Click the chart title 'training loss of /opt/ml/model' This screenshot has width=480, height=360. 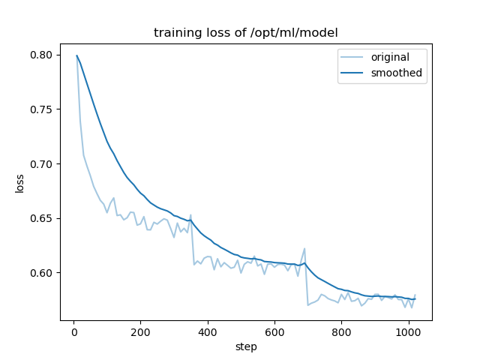pos(246,33)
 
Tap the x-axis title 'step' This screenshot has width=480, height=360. pos(246,347)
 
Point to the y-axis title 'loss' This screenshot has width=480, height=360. pos(20,183)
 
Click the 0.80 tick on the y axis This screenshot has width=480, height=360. pos(42,55)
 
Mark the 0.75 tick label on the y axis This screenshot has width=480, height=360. pos(42,109)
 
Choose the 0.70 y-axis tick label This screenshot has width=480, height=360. pos(42,163)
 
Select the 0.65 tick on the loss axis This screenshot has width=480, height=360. pos(42,218)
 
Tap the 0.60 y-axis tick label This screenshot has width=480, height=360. pos(42,273)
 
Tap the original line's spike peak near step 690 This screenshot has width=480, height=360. pos(304,248)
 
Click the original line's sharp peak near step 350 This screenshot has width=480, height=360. pos(190,214)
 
